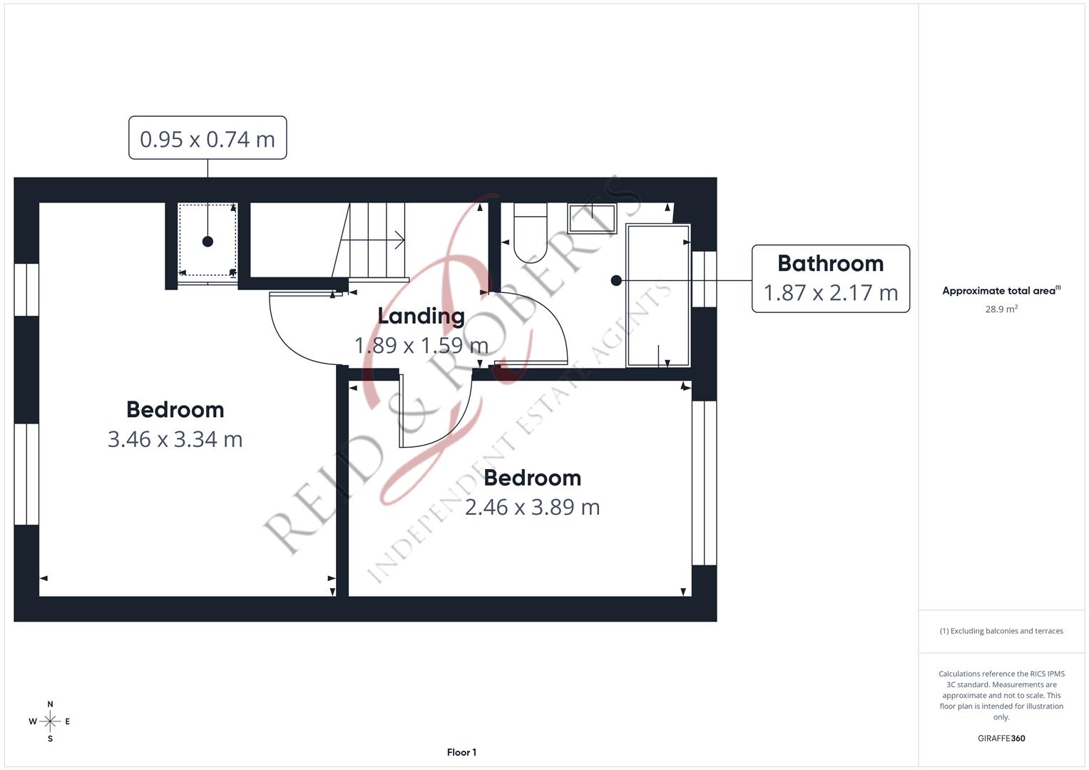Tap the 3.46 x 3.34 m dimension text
[x=175, y=439]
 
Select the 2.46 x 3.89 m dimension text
[x=532, y=507]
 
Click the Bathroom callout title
[x=830, y=264]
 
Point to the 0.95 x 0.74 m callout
[x=208, y=138]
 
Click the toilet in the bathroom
[x=531, y=232]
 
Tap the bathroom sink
[x=592, y=219]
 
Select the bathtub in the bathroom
[x=658, y=295]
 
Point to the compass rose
[x=50, y=722]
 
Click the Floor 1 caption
[x=461, y=752]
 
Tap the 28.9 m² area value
[x=1001, y=309]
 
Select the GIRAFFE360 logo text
[x=1001, y=738]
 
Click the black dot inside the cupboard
[x=208, y=241]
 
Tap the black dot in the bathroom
[x=616, y=280]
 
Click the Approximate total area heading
[x=1001, y=291]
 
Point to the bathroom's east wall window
[x=704, y=279]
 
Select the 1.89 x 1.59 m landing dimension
[x=421, y=346]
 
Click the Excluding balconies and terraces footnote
[x=1001, y=631]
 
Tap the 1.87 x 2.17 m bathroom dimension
[x=830, y=292]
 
